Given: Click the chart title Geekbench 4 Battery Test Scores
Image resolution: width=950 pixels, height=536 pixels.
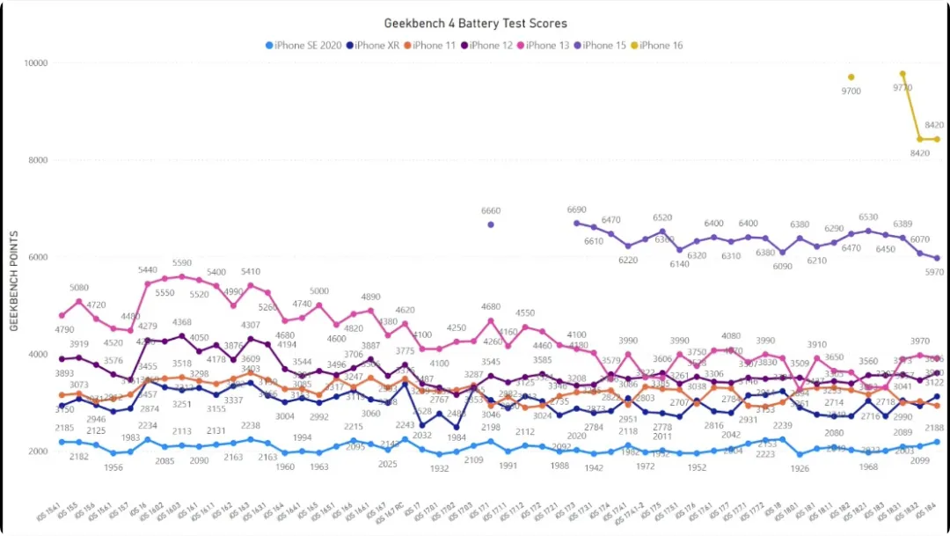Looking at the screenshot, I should [475, 24].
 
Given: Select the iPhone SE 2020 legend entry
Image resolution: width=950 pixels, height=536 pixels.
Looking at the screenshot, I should [303, 45].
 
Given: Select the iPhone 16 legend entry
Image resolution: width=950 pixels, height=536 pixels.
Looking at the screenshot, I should [661, 45].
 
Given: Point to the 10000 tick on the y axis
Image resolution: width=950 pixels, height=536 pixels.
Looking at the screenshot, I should [35, 63].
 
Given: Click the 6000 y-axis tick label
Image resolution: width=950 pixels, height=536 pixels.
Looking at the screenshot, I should [38, 258].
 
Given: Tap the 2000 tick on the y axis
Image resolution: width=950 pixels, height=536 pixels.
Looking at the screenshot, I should [38, 452].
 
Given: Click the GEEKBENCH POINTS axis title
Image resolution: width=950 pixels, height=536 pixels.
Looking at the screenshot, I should [14, 282].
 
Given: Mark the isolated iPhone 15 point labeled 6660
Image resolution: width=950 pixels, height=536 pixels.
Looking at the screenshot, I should [491, 224].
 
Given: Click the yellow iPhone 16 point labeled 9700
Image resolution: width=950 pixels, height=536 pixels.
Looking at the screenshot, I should [851, 77].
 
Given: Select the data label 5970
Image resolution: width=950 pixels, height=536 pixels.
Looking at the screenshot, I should [933, 273].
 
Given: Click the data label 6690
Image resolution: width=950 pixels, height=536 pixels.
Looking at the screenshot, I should [577, 210].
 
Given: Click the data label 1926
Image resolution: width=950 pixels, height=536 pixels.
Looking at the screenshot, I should [800, 468].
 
